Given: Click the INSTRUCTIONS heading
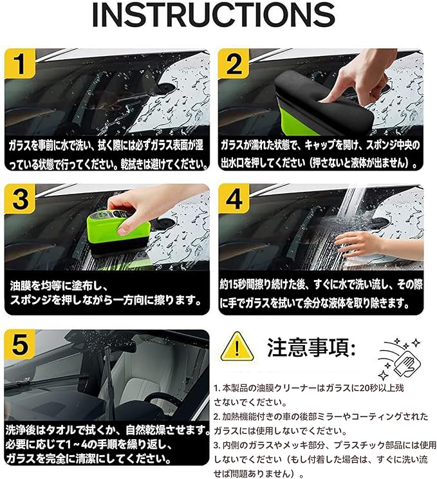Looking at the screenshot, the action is pos(214,15).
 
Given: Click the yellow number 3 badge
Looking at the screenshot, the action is pos(20,199).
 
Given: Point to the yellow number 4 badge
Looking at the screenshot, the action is pos(234,199).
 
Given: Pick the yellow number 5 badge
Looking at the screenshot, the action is pos(20,344).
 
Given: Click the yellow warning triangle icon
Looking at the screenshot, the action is pos(237,347).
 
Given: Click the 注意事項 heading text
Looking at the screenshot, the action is pos(311,348).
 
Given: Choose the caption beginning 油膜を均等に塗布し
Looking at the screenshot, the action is pos(106,294).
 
